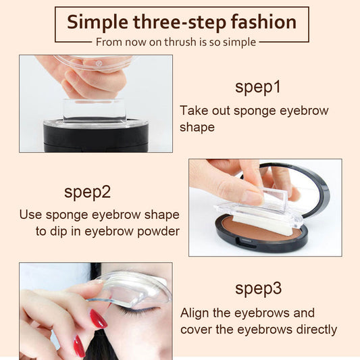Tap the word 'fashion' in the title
[x=264, y=22]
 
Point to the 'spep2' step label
[x=87, y=191]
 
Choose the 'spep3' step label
[x=258, y=288]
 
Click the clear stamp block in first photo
[x=95, y=110]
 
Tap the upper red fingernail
[x=99, y=318]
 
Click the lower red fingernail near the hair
[x=79, y=346]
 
